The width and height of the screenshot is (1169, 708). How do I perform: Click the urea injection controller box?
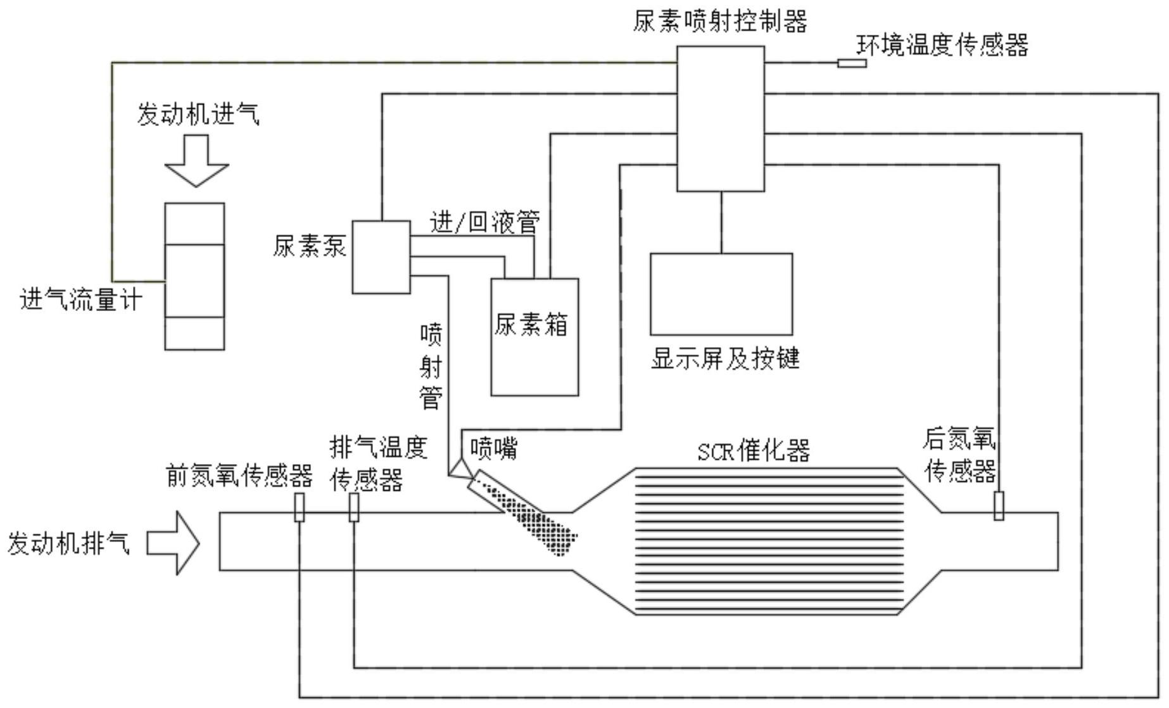click(x=720, y=118)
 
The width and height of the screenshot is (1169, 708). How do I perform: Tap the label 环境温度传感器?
click(x=942, y=45)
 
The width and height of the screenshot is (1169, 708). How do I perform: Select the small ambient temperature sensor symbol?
click(x=852, y=63)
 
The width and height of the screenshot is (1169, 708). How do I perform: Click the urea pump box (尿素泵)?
click(x=381, y=257)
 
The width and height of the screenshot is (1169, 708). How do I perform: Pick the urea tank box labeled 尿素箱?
click(x=534, y=355)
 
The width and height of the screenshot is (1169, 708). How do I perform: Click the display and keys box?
click(x=721, y=294)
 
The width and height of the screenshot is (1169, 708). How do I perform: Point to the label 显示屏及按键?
click(x=725, y=358)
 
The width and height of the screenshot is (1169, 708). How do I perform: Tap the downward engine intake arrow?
click(x=196, y=161)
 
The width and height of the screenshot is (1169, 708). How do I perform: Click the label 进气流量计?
click(x=81, y=300)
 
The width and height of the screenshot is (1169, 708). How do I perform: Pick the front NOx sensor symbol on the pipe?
click(x=299, y=507)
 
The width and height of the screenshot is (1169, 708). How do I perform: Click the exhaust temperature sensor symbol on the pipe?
click(x=354, y=507)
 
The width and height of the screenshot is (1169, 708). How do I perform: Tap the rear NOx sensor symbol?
click(x=999, y=506)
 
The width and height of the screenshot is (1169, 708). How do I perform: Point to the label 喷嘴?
click(x=493, y=448)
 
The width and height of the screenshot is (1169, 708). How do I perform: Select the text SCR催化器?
click(x=754, y=452)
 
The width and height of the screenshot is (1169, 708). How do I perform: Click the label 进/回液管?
click(x=484, y=222)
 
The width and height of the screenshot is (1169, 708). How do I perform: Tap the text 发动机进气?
click(x=198, y=115)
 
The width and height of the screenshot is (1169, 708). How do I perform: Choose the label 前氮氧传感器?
click(x=239, y=476)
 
